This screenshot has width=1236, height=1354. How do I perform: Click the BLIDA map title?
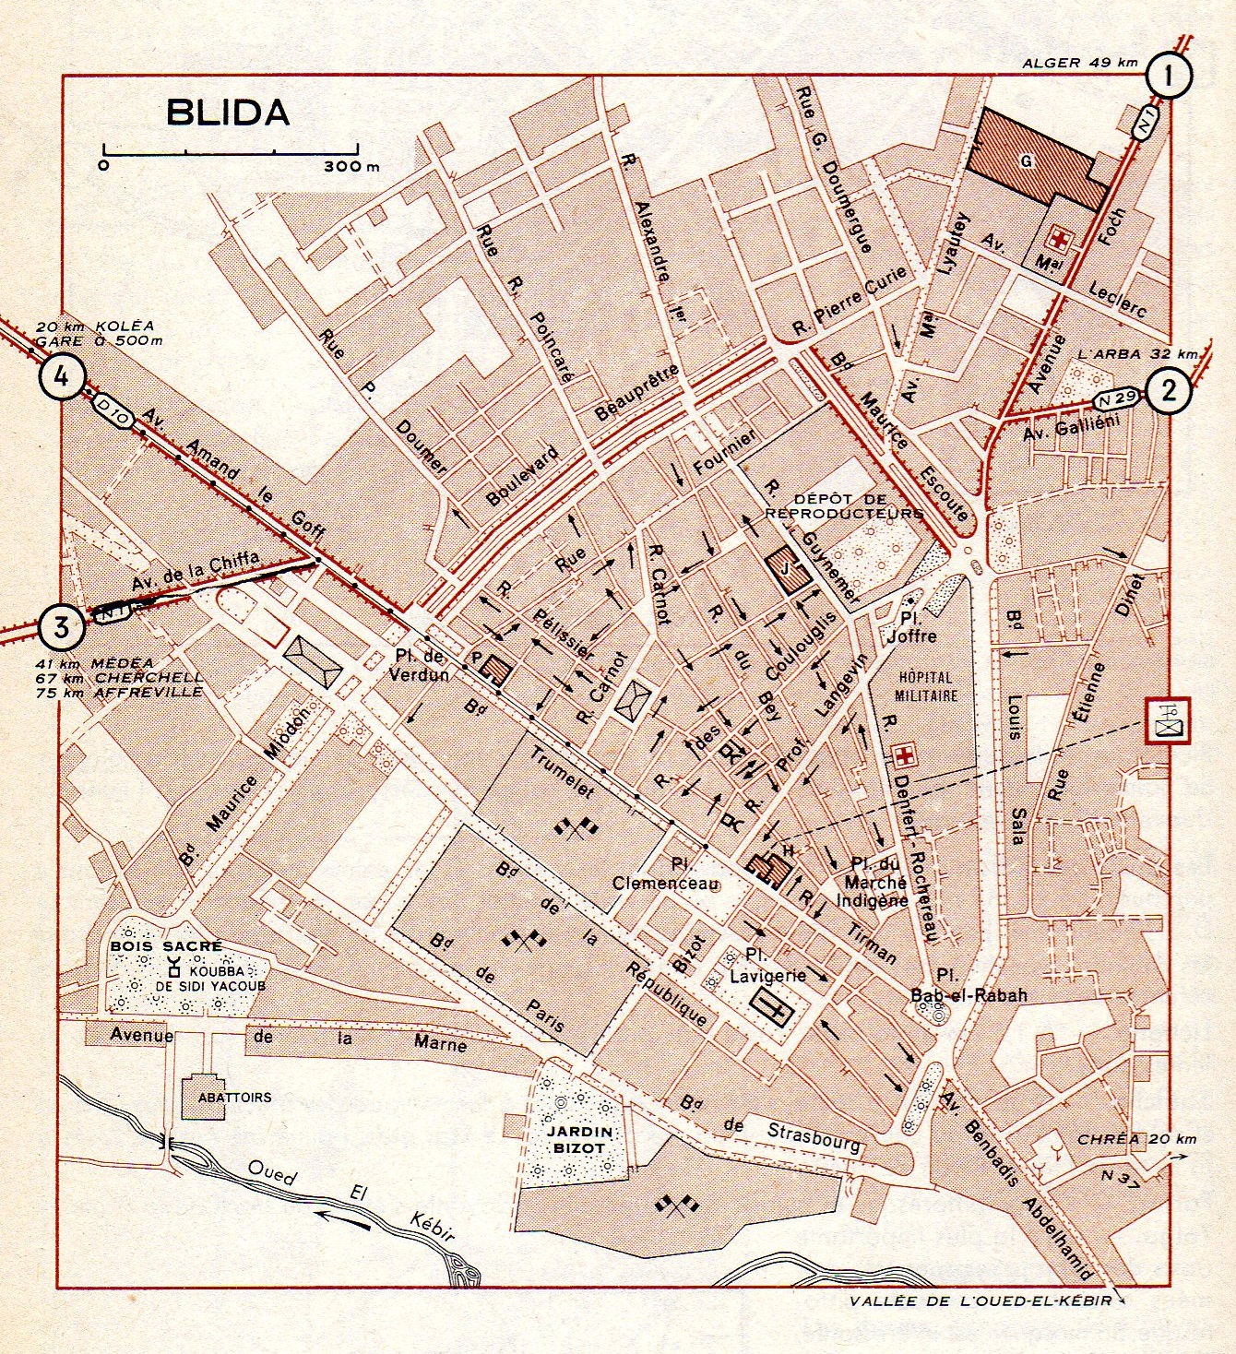click(x=228, y=112)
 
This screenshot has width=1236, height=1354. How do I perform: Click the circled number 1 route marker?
click(x=1168, y=76)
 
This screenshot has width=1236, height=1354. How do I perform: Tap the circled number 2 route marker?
click(x=1169, y=392)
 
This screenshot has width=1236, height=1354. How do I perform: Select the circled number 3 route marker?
click(x=61, y=627)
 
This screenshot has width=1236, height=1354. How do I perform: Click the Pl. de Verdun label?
click(x=422, y=665)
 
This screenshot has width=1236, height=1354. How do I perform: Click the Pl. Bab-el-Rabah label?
click(x=956, y=985)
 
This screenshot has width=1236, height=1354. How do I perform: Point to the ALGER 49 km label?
click(x=1080, y=63)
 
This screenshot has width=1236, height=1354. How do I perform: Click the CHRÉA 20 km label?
click(x=1149, y=1139)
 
